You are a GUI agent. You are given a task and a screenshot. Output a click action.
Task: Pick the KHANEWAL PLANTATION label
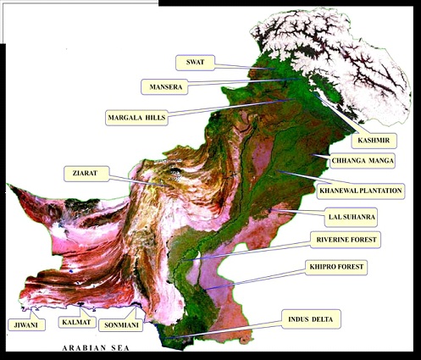point(360,191)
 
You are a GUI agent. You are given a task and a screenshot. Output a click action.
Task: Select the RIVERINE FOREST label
point(345,241)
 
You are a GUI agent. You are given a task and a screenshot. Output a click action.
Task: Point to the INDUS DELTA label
point(313,319)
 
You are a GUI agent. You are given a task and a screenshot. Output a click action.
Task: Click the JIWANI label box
point(20,324)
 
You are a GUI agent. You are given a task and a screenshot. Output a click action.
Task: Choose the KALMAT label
point(75,322)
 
